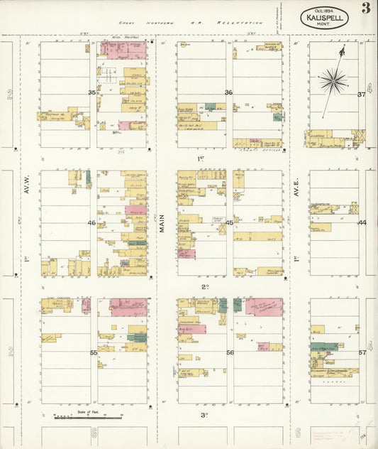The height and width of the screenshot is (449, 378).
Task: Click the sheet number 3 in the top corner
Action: [x=365, y=9]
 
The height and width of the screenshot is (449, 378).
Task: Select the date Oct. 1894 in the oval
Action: [x=324, y=11]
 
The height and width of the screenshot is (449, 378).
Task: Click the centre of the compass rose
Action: [x=333, y=80]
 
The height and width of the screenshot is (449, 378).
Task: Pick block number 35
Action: [x=91, y=93]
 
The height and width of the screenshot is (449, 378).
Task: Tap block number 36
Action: [x=228, y=93]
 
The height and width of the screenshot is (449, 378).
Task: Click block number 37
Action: [x=361, y=94]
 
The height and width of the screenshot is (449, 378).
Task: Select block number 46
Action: [x=91, y=223]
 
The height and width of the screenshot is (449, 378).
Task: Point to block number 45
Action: [x=229, y=223]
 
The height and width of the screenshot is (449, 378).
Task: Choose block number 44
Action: [x=362, y=223]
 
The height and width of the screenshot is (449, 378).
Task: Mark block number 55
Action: [x=93, y=352]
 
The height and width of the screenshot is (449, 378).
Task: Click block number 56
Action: [x=230, y=352]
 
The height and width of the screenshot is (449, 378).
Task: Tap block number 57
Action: [x=362, y=352]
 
